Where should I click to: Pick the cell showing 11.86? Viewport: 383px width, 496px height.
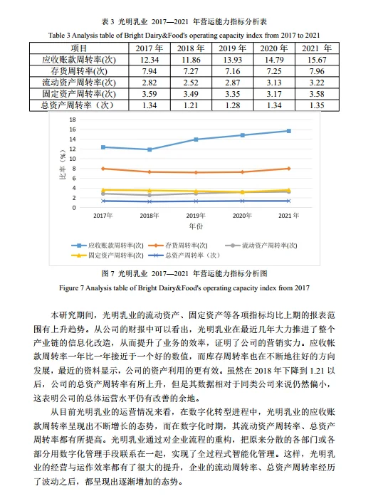[x=187, y=60]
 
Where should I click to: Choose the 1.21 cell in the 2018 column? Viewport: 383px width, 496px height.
[x=187, y=105]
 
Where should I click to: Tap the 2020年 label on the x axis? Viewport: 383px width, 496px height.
[x=242, y=215]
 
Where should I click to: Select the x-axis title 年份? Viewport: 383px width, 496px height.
[x=196, y=226]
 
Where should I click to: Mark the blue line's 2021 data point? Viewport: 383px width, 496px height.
[x=288, y=130]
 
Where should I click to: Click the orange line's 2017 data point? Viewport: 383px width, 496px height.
[x=103, y=169]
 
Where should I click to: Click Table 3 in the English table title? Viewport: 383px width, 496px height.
[x=61, y=34]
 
